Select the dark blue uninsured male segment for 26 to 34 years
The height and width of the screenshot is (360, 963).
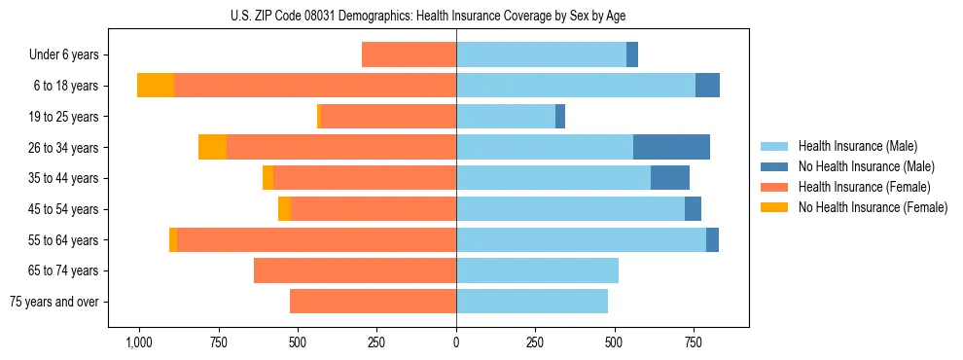coord(671,147)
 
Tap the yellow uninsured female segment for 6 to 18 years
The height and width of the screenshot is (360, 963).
coord(156,86)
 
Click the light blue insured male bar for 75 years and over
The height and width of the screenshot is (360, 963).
coord(532,302)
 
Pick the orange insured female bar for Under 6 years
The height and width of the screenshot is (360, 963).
coord(409,54)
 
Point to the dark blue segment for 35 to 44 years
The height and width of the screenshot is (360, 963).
coord(670,178)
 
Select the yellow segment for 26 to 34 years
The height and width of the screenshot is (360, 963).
coord(212,147)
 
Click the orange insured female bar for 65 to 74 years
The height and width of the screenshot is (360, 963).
coord(355,270)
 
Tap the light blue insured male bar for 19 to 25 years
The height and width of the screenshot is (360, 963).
coord(506,117)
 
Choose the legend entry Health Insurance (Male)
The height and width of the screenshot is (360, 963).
coord(857,146)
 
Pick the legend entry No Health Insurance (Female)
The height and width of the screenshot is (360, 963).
coord(873,207)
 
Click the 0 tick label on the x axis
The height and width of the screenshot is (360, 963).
coord(456,342)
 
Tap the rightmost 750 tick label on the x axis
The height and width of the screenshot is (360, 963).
coord(694,342)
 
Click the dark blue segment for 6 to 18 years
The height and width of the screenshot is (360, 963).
coord(707,86)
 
